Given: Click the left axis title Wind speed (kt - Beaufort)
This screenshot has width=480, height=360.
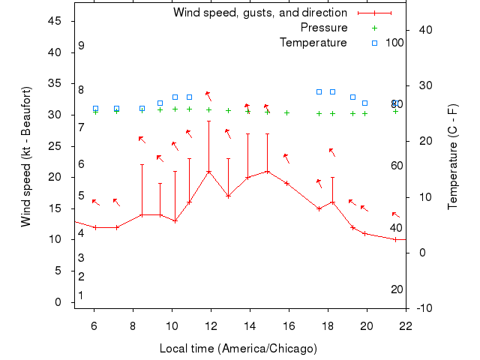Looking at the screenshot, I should (x=26, y=156).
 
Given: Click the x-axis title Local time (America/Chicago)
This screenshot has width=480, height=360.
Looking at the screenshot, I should (x=238, y=349).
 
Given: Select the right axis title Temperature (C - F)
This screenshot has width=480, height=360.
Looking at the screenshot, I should (x=452, y=157).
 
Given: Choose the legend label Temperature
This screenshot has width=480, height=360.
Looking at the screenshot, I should (x=313, y=43).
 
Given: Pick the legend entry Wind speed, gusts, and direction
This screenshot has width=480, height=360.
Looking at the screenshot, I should (x=260, y=13).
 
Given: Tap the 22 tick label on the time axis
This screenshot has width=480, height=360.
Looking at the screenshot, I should (x=406, y=325).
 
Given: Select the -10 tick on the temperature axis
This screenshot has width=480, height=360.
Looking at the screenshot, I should (x=423, y=308).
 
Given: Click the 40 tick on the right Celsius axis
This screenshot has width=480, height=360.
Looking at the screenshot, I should (x=422, y=29).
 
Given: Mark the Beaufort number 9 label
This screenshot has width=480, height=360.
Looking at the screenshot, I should (x=81, y=46).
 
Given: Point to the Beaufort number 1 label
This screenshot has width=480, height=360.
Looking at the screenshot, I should (x=81, y=295).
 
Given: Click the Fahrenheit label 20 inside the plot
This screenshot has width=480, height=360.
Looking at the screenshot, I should (x=397, y=289).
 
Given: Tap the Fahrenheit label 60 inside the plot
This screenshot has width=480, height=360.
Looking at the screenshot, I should (x=397, y=166).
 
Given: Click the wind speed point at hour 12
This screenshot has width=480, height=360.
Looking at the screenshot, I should (x=209, y=172).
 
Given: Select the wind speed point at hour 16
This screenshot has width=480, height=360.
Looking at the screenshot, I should (x=286, y=183).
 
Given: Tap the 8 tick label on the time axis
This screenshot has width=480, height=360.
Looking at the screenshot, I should (x=133, y=325).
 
